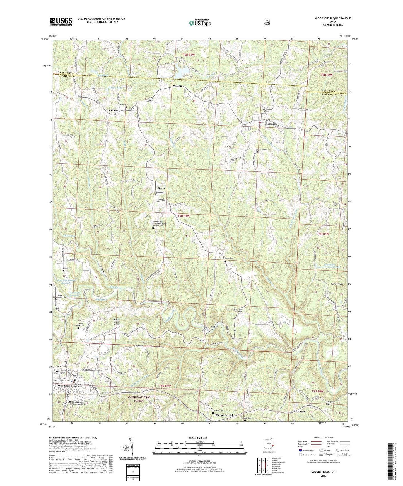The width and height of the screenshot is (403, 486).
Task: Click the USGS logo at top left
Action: click(x=61, y=21)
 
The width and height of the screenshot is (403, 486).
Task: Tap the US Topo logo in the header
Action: click(x=200, y=23)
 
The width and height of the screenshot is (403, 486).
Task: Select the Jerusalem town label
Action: click(x=111, y=110)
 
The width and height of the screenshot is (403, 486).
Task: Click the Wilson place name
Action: click(x=177, y=86)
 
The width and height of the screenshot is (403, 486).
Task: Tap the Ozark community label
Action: click(x=161, y=188)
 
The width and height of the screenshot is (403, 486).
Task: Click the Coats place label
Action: click(x=214, y=327)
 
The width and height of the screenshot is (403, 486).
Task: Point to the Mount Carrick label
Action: click(x=224, y=415)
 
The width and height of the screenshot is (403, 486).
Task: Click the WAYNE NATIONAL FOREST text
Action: click(x=139, y=399)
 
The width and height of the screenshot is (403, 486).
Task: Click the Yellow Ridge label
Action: click(x=337, y=284)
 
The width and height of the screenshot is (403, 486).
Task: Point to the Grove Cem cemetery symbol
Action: click(x=225, y=261)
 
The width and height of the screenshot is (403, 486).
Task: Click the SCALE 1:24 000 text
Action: click(x=200, y=438)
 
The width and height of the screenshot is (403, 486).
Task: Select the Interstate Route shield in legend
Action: click(x=300, y=450)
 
